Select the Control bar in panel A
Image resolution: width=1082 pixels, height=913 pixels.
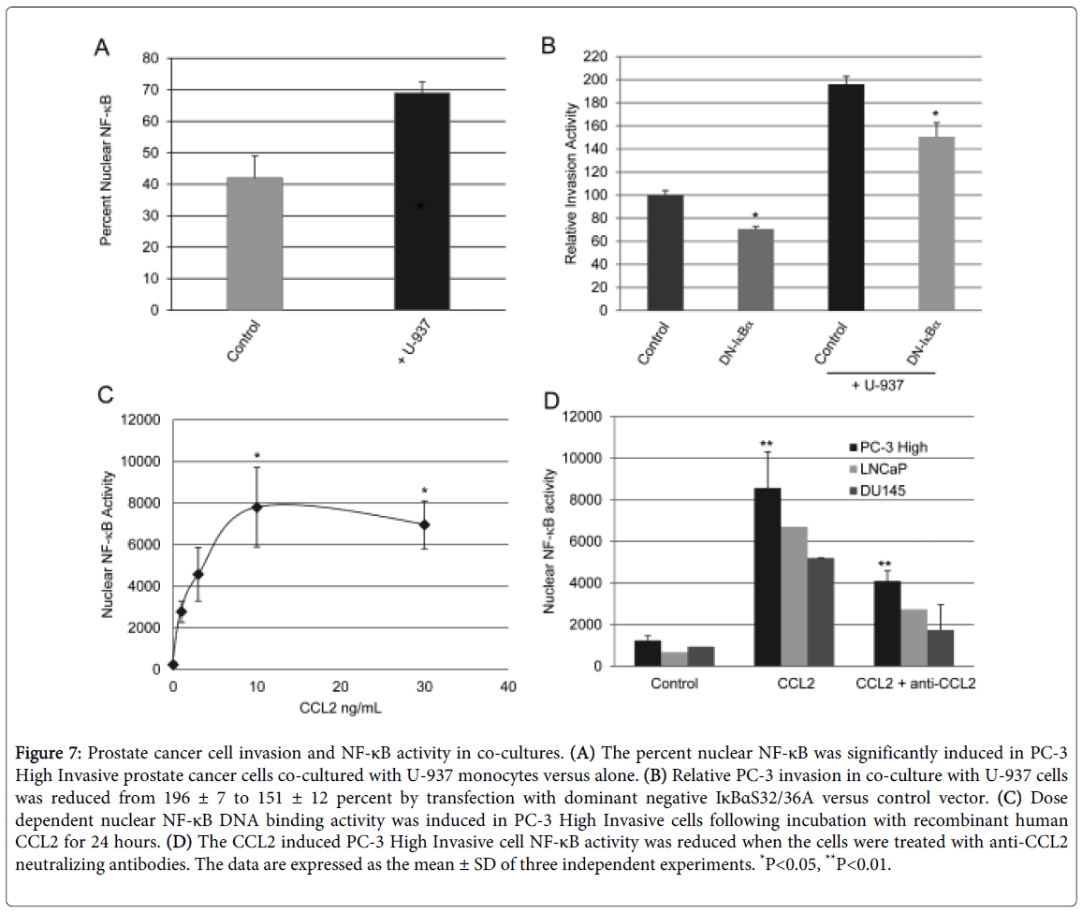click(254, 243)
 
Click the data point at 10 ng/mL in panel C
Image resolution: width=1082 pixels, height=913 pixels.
click(256, 507)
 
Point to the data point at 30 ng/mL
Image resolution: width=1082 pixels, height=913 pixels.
click(424, 524)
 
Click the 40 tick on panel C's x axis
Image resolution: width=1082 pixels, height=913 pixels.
click(507, 688)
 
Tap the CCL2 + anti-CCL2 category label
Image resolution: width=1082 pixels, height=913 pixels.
click(915, 684)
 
